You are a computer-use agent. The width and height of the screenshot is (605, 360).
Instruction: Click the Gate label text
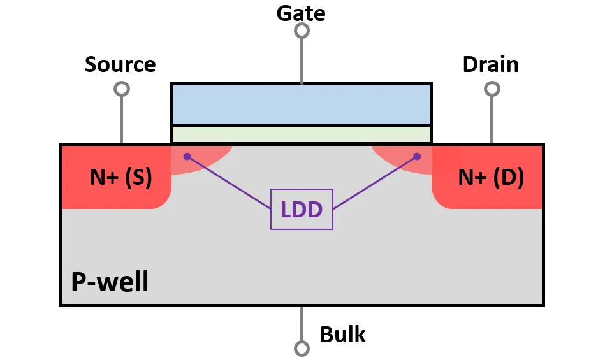point(301,13)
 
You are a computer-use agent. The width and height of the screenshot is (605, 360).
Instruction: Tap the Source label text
point(120,64)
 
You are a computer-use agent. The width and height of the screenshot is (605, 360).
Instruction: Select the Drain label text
point(490,64)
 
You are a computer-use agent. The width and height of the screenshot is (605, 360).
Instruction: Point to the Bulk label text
point(342,334)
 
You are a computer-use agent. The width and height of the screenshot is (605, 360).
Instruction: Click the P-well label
point(110,282)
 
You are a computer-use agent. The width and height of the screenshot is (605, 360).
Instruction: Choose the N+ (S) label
point(121,177)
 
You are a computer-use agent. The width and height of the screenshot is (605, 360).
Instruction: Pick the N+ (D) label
point(491,177)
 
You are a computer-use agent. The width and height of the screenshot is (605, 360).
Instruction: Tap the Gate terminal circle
point(302,31)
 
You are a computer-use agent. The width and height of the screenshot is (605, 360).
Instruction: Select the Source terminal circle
point(122,89)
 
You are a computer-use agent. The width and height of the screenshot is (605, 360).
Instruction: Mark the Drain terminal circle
point(492,89)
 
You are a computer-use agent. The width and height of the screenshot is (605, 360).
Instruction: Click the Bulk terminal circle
point(302,349)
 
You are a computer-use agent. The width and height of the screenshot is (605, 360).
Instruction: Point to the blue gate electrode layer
point(302,104)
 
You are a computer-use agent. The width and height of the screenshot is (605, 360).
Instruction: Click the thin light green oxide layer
point(302,134)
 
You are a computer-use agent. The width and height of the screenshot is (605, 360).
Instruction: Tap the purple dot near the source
point(187,157)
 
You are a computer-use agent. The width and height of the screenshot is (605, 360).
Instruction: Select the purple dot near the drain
point(417,157)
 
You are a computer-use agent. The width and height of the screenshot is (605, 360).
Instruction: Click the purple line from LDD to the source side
point(230,183)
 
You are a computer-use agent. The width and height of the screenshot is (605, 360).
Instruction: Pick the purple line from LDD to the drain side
point(375,183)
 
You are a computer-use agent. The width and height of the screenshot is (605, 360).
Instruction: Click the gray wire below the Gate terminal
point(302,61)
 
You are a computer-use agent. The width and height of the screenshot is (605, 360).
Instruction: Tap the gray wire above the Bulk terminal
point(302,324)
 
